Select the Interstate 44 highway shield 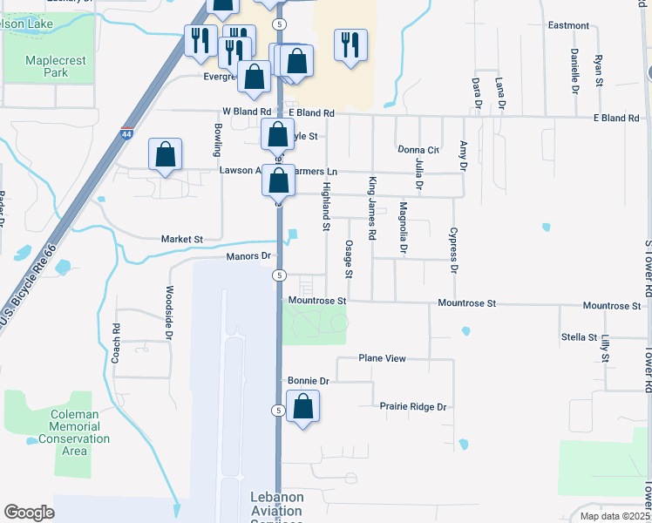point(127,134)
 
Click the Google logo point(29,513)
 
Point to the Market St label point(181,239)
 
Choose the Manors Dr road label point(249,256)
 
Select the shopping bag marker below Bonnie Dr point(302,407)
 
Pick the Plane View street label point(383,358)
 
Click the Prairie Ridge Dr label point(412,406)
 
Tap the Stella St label point(579,336)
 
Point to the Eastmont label point(568,25)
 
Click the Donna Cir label point(418,150)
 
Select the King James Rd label point(372,208)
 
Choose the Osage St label point(349,259)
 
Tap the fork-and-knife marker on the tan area point(350,45)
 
